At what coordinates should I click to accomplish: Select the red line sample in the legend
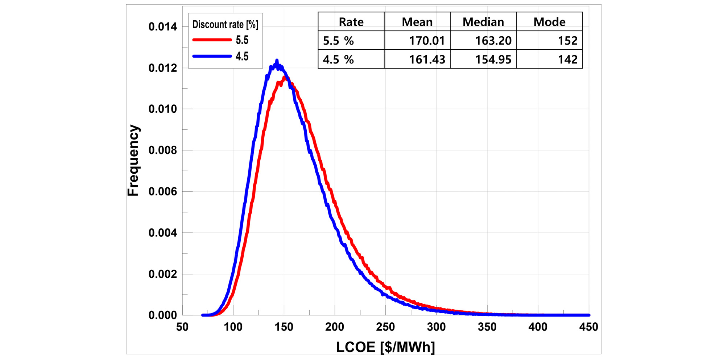(212, 40)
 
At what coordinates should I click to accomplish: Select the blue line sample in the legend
(212, 56)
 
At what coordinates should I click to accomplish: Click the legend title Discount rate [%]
(225, 25)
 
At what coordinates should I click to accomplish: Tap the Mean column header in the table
(417, 22)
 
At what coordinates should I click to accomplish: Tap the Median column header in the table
(483, 22)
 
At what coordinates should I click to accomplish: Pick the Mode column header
(549, 22)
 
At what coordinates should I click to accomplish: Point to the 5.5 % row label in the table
(338, 41)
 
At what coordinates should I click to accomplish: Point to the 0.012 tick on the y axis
(163, 68)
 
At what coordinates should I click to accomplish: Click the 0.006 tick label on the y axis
(163, 192)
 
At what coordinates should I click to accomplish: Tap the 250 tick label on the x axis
(385, 327)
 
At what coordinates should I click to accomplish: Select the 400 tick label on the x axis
(538, 327)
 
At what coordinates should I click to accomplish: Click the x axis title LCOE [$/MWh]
(385, 347)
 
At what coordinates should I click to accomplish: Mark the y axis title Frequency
(133, 160)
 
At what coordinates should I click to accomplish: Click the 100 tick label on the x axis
(233, 327)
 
